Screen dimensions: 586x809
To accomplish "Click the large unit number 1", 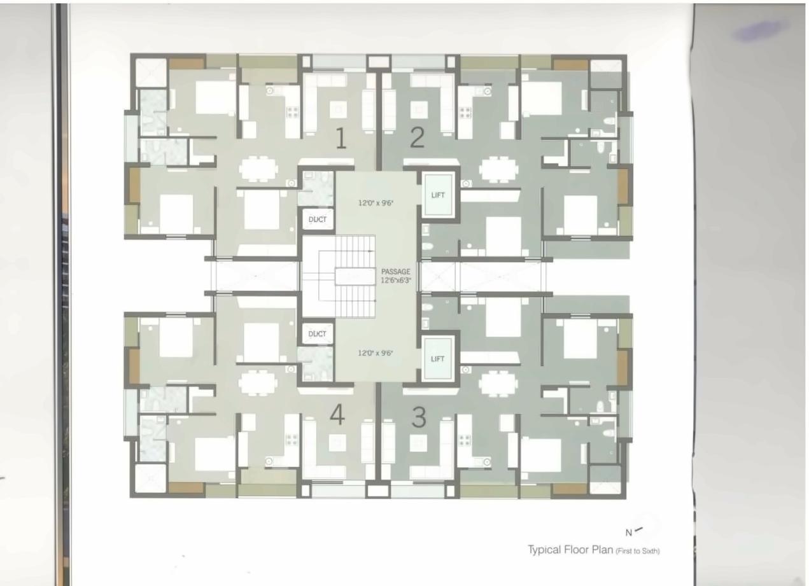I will pyautogui.click(x=341, y=139).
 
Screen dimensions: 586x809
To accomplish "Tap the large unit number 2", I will pyautogui.click(x=417, y=137).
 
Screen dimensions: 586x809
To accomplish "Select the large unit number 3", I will pyautogui.click(x=418, y=417).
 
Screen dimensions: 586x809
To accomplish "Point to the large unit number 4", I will pyautogui.click(x=337, y=415).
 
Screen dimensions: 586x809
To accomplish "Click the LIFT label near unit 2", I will pyautogui.click(x=438, y=195).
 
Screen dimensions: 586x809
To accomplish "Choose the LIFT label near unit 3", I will pyautogui.click(x=438, y=359).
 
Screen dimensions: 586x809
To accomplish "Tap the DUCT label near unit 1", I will pyautogui.click(x=317, y=220).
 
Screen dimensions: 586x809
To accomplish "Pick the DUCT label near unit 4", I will pyautogui.click(x=317, y=334).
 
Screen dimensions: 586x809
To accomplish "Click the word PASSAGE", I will pyautogui.click(x=396, y=272).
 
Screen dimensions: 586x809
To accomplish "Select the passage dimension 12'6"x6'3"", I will pyautogui.click(x=397, y=280).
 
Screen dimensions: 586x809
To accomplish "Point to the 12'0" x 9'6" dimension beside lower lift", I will pyautogui.click(x=376, y=352).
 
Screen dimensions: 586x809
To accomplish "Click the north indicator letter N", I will pyautogui.click(x=629, y=533).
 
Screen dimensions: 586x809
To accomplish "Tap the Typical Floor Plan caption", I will pyautogui.click(x=570, y=550).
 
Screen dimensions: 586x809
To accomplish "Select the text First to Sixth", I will pyautogui.click(x=638, y=551).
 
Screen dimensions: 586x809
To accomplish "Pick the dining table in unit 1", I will pyautogui.click(x=258, y=169).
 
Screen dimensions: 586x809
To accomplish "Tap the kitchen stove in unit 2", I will pyautogui.click(x=465, y=113).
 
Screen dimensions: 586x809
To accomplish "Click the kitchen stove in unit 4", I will pyautogui.click(x=292, y=440).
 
